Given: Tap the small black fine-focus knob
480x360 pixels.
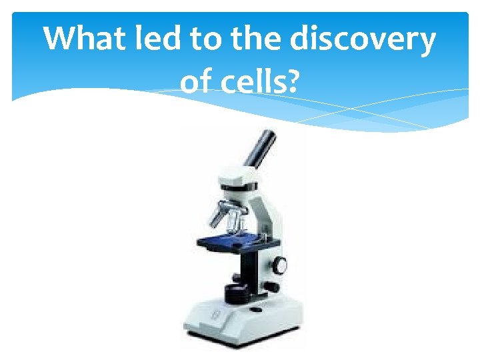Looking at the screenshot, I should click(x=271, y=287).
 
